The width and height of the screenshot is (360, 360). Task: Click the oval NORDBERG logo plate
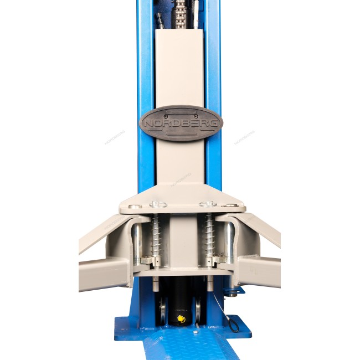click(181, 123)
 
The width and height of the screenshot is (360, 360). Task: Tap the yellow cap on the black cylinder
click(181, 318)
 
